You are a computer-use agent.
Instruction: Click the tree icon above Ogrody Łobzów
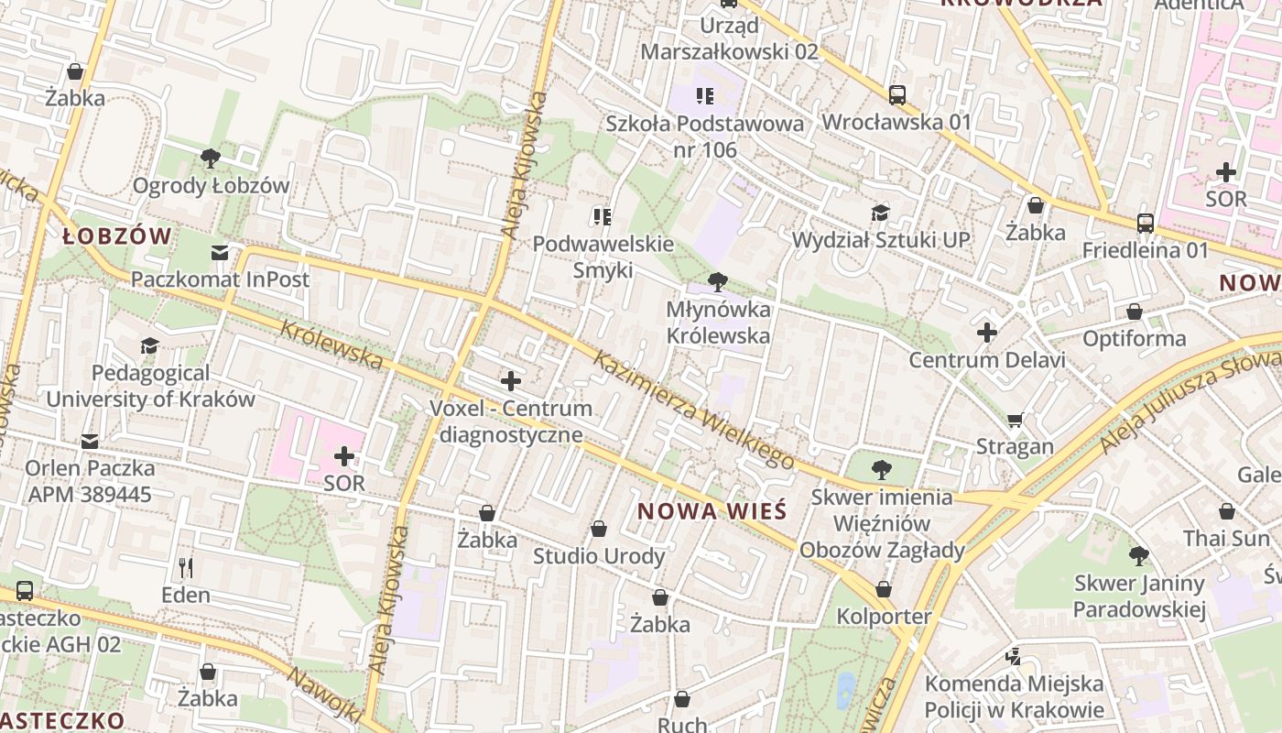(211, 158)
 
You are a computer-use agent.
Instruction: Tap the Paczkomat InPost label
(221, 279)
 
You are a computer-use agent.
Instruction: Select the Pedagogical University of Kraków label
(150, 386)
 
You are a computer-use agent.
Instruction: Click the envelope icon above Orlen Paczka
(90, 442)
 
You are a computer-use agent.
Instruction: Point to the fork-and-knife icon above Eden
(186, 568)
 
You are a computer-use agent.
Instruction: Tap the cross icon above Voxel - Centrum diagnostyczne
(511, 380)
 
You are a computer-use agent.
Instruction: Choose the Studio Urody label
(599, 556)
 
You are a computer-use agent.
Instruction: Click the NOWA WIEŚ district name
(712, 511)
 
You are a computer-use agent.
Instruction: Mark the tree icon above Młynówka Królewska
(718, 282)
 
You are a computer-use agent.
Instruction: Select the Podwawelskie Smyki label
(603, 257)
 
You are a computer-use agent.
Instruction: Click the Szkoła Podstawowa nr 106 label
(705, 136)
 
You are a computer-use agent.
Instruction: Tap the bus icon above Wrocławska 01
(897, 94)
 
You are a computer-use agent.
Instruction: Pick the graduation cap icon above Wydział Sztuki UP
(880, 213)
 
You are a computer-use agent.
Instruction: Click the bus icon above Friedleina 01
(1146, 223)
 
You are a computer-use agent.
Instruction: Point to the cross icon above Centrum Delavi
(986, 333)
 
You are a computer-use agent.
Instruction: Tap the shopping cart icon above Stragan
(1015, 420)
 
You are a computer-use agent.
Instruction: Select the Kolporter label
(884, 617)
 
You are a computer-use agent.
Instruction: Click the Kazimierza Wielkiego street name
(693, 409)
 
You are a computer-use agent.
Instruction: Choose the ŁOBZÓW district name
(117, 236)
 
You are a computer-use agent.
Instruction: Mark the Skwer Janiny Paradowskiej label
(1139, 596)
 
